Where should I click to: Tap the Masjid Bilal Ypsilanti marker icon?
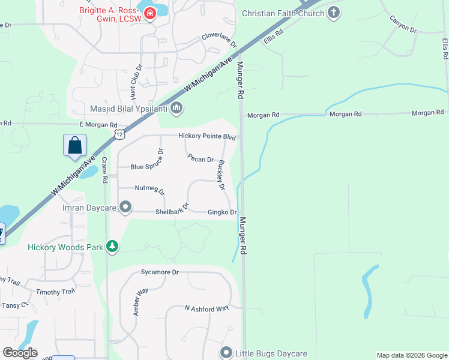[x=176, y=109]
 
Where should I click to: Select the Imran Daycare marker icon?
[x=125, y=207]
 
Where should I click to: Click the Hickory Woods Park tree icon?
[x=112, y=246]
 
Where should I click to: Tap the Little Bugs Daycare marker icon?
[x=226, y=353]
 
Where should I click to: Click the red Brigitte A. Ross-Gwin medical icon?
[x=149, y=13]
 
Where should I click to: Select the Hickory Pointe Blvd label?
[x=207, y=136]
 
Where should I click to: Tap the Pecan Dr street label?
[x=200, y=160]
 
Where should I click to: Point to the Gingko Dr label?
[x=222, y=212]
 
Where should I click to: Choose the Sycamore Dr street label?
[x=160, y=272]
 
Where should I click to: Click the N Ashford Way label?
[x=206, y=308]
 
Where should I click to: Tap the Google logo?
[x=20, y=353]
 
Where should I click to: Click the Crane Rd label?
[x=105, y=170]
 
